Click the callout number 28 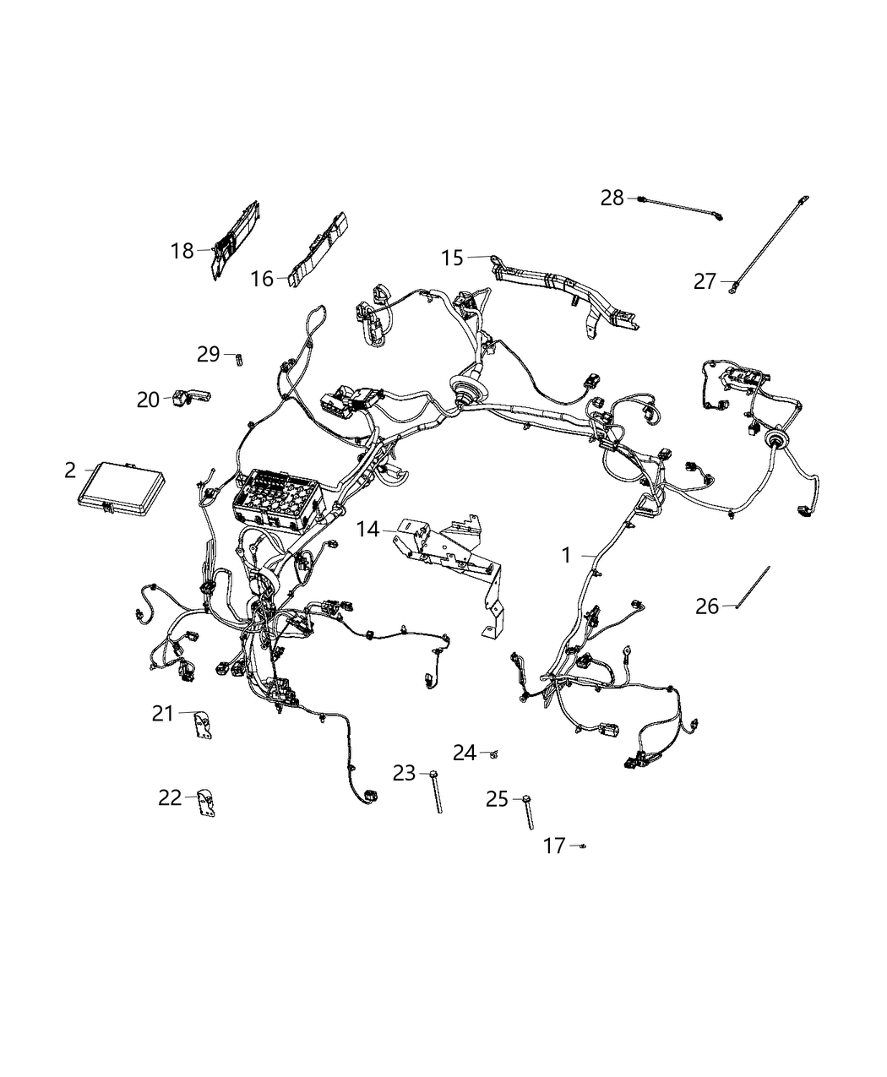point(612,199)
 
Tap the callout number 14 point(367,530)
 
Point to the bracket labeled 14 point(448,549)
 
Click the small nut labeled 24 point(494,753)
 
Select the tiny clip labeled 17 point(583,845)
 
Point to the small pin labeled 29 point(239,358)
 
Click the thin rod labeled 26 point(752,586)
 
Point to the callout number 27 point(705,282)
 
